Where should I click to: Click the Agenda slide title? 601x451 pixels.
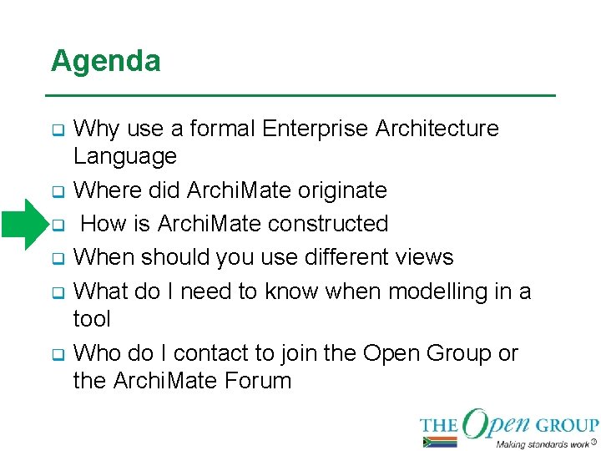pos(105,61)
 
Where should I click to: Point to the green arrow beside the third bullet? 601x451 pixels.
pos(23,224)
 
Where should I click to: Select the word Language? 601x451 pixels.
pos(125,156)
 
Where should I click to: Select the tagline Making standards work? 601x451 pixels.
pos(542,443)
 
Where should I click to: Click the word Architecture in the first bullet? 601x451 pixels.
pos(437,129)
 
